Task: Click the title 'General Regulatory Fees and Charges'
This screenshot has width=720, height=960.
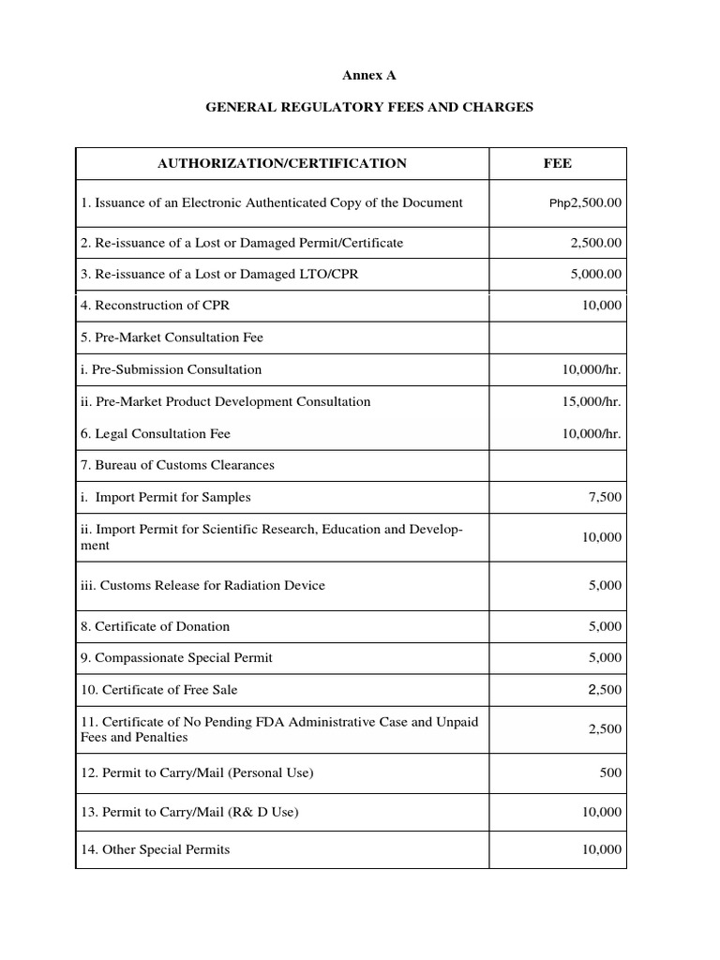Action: [369, 107]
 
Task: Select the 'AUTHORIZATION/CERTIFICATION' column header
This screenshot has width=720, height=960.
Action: [282, 163]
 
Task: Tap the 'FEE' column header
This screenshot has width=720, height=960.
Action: [557, 163]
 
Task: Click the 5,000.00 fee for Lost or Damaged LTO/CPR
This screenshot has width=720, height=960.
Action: [595, 274]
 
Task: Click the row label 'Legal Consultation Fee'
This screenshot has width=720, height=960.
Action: [156, 433]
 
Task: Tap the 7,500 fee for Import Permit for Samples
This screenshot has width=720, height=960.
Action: [605, 497]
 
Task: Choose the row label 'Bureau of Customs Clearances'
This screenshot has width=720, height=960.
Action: [178, 465]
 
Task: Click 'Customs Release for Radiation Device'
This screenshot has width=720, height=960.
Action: [203, 585]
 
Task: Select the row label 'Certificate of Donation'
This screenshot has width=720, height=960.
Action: [156, 626]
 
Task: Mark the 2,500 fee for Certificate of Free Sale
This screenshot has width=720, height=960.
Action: [605, 689]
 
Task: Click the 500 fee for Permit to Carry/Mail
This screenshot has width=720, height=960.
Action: [611, 773]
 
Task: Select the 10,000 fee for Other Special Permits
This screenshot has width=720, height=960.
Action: [602, 849]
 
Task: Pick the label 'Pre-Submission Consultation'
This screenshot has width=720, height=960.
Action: [172, 369]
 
